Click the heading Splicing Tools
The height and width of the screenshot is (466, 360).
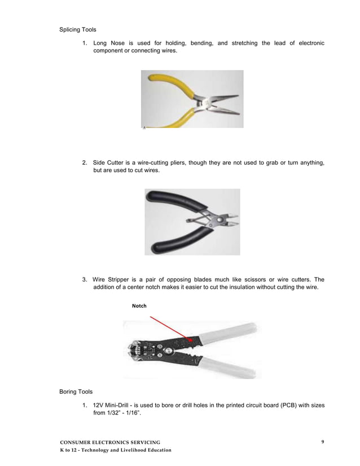(x=78, y=30)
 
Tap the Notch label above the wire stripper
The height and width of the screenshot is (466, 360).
(x=139, y=306)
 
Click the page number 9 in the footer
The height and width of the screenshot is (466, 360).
(x=322, y=441)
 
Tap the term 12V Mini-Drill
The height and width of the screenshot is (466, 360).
(x=116, y=405)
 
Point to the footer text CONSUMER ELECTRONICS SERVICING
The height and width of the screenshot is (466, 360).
(x=110, y=442)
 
